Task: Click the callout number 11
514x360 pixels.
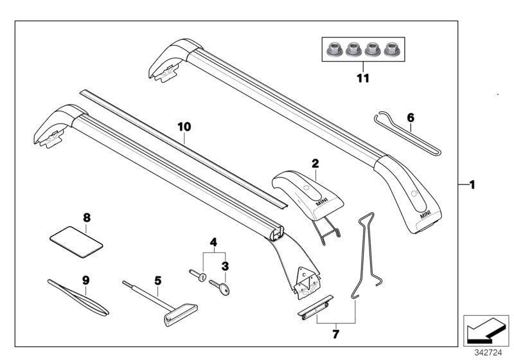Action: point(363,78)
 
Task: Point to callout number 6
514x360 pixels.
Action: point(411,118)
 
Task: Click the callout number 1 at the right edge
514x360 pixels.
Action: point(472,185)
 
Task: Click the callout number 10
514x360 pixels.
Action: point(184,127)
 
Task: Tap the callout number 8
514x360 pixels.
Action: point(87,217)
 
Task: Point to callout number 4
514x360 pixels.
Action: point(213,243)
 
